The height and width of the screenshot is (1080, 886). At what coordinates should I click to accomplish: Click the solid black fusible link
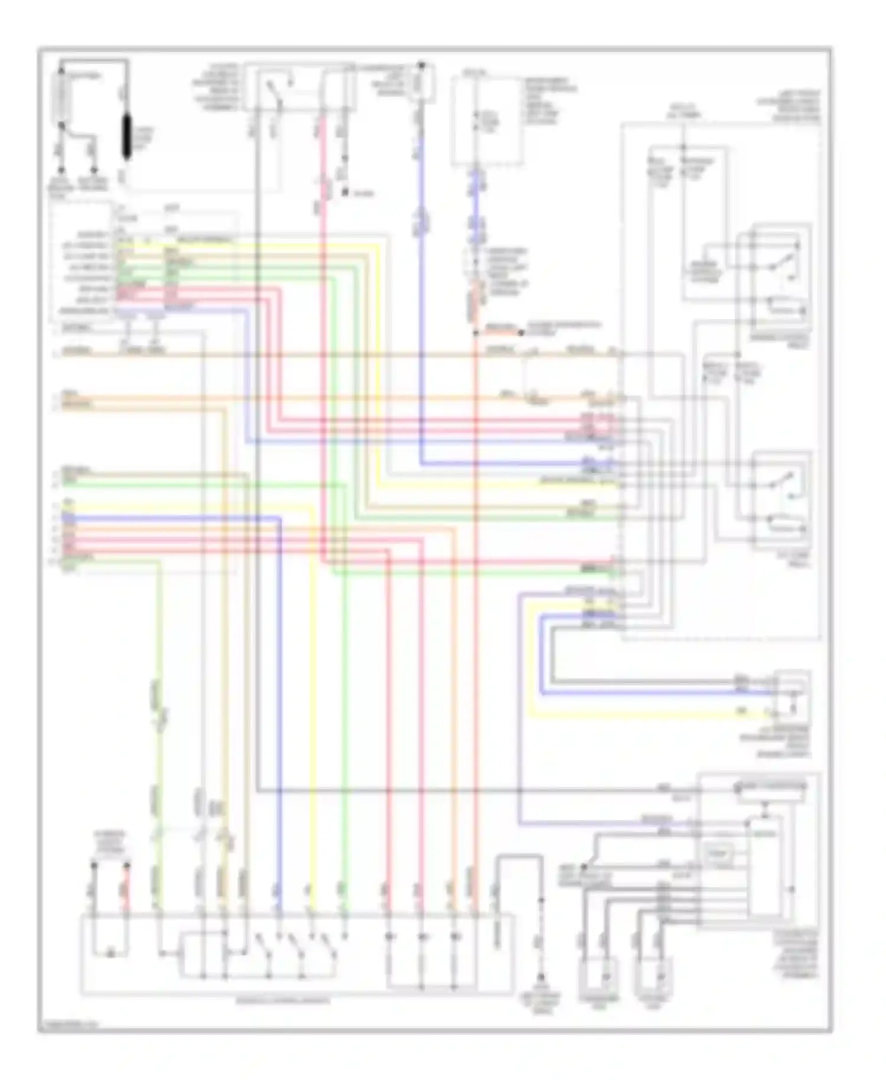pos(126,137)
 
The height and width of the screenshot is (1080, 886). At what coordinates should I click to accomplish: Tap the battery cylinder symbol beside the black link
pos(61,98)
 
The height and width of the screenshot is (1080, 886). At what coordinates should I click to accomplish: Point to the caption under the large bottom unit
pos(283,1001)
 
